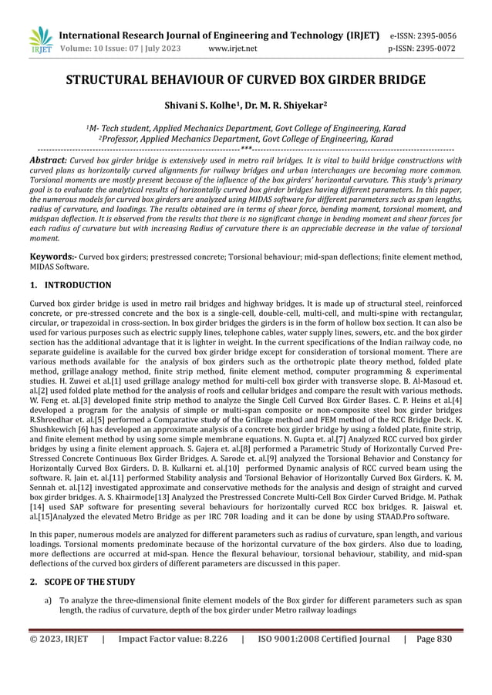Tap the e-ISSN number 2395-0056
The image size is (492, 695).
(x=434, y=35)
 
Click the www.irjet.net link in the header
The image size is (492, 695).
(x=232, y=49)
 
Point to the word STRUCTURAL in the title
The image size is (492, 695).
(x=115, y=80)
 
